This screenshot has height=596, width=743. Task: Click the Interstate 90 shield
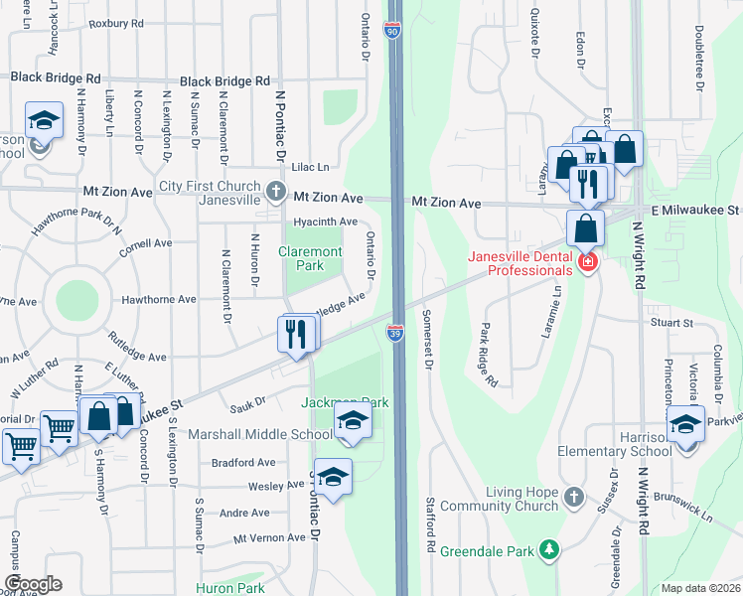pyautogui.click(x=394, y=33)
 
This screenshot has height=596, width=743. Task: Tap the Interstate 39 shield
pyautogui.click(x=395, y=334)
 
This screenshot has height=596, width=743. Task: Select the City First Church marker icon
pyautogui.click(x=277, y=189)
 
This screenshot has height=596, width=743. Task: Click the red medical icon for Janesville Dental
pyautogui.click(x=588, y=262)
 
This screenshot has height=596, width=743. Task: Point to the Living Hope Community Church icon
pyautogui.click(x=573, y=496)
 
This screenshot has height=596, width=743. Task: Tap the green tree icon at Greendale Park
pyautogui.click(x=547, y=549)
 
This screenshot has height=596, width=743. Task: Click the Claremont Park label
pyautogui.click(x=310, y=258)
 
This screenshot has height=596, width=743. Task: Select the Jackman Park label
pyautogui.click(x=344, y=402)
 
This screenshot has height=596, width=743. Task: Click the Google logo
pyautogui.click(x=33, y=584)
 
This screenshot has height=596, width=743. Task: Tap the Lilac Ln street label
pyautogui.click(x=308, y=167)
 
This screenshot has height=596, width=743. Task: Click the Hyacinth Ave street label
pyautogui.click(x=324, y=222)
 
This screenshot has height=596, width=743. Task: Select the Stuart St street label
pyautogui.click(x=671, y=323)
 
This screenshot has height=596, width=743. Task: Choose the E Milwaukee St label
pyautogui.click(x=696, y=210)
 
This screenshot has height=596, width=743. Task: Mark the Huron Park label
pyautogui.click(x=231, y=588)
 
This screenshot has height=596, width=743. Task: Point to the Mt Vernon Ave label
pyautogui.click(x=269, y=537)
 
